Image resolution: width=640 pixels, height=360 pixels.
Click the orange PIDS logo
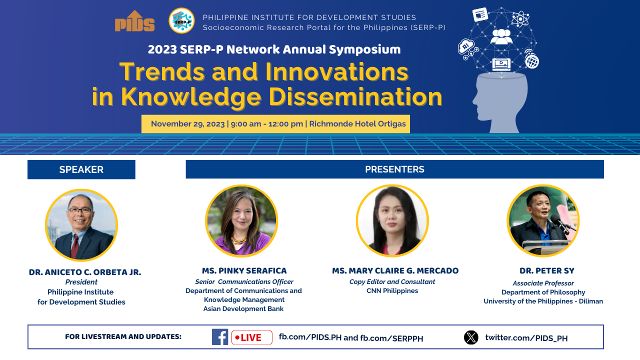pyautogui.click(x=134, y=21)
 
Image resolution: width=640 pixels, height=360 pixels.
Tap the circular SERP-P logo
pyautogui.click(x=181, y=21)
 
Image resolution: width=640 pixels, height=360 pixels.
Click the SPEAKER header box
pyautogui.click(x=81, y=169)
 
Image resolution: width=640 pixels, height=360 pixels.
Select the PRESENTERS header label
pyautogui.click(x=394, y=169)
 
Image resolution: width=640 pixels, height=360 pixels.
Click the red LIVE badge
pyautogui.click(x=251, y=337)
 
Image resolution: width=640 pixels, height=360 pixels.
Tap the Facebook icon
pyautogui.click(x=219, y=337)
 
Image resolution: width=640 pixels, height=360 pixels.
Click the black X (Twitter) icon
pyautogui.click(x=471, y=337)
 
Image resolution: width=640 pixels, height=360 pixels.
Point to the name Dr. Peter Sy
pyautogui.click(x=547, y=271)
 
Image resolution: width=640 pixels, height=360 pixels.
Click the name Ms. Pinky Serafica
pyautogui.click(x=244, y=270)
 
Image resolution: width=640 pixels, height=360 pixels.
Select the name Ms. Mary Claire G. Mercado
pyautogui.click(x=395, y=270)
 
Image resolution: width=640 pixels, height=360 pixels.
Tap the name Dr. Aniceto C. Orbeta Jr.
pyautogui.click(x=85, y=272)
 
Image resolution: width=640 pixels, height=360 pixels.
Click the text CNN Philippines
pyautogui.click(x=392, y=290)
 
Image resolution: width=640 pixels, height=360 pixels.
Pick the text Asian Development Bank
pyautogui.click(x=243, y=308)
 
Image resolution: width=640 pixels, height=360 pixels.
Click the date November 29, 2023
pyautogui.click(x=187, y=124)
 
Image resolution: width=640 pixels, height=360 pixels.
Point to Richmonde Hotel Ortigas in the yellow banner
pyautogui.click(x=357, y=123)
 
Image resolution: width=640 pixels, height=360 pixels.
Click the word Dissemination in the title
pyautogui.click(x=355, y=97)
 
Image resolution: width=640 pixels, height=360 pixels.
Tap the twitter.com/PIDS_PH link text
pyautogui.click(x=526, y=338)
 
